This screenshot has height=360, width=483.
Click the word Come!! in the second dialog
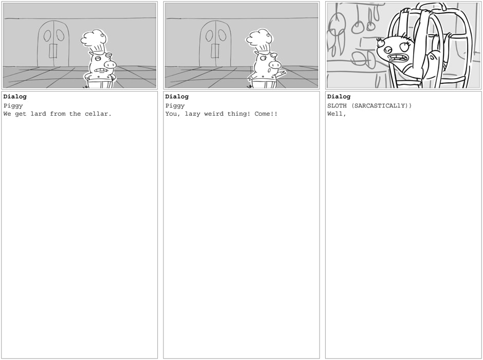[x=266, y=114]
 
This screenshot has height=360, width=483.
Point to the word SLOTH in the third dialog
[x=337, y=106]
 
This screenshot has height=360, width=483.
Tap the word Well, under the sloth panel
[x=337, y=114]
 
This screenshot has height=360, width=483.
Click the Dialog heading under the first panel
[x=15, y=97]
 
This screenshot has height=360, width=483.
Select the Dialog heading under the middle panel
[x=177, y=97]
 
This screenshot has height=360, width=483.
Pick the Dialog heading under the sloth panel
[x=339, y=97]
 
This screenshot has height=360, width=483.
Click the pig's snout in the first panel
[x=110, y=65]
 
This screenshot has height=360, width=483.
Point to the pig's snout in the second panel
[x=275, y=65]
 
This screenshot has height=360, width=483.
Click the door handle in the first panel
[x=53, y=51]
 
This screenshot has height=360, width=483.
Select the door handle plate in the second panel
[x=215, y=51]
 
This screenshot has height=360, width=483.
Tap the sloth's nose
[x=388, y=49]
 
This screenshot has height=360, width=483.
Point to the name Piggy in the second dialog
[x=175, y=106]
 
